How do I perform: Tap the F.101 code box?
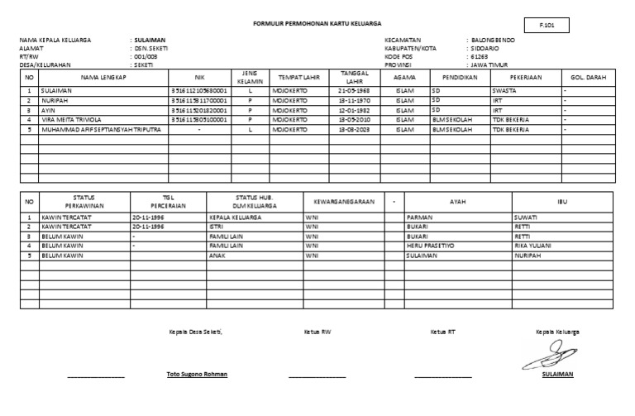(547, 26)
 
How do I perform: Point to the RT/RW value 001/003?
(146, 55)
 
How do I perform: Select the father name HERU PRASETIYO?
(430, 246)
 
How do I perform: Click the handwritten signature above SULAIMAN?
(548, 357)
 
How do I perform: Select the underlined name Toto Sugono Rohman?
(197, 374)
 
